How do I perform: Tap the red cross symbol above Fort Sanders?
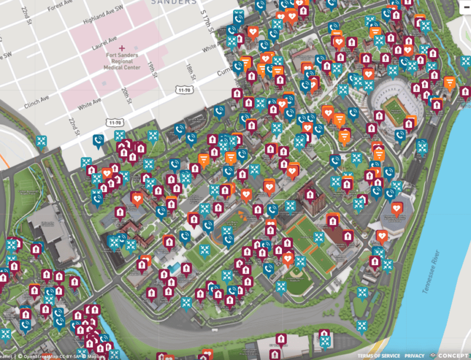pos(122,47)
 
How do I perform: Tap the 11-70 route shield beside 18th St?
pos(184,90)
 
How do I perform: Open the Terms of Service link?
pos(379,356)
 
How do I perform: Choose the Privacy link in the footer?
pos(414,356)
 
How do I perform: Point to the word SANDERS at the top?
pos(173,2)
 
